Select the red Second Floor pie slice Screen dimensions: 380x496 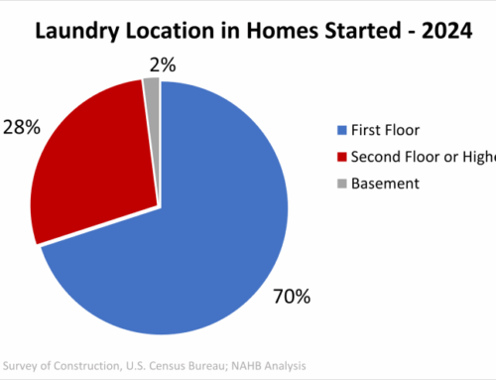[x=94, y=169]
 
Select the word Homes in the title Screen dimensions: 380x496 [x=269, y=30]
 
